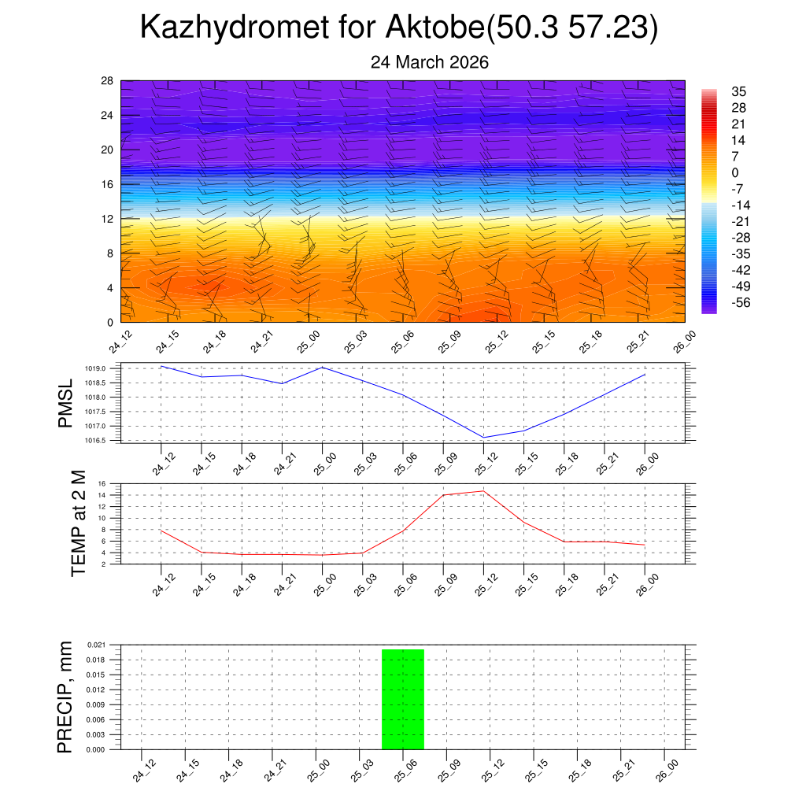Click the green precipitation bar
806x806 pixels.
click(403, 699)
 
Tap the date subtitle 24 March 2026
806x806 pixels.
click(430, 62)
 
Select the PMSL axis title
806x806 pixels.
click(65, 403)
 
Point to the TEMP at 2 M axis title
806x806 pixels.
click(78, 523)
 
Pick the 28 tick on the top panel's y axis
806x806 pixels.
click(108, 81)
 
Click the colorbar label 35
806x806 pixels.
click(738, 91)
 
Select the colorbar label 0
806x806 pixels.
click(735, 172)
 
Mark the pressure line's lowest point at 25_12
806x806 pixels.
click(483, 438)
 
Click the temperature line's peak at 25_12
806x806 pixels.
click(483, 491)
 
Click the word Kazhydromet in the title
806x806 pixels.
click(234, 28)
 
